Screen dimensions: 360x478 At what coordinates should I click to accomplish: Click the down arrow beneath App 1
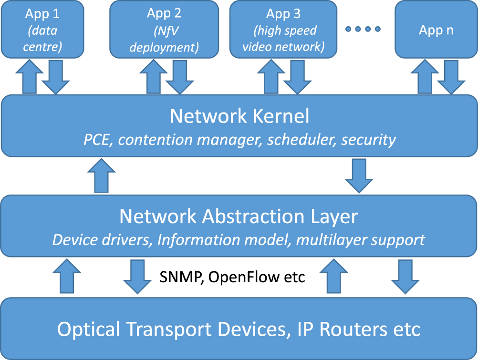(x=55, y=76)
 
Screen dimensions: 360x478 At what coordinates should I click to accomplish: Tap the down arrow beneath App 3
(x=297, y=76)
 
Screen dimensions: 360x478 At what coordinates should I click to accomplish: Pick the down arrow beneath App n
(x=452, y=76)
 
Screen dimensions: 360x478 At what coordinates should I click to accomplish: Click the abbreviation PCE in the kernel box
(x=98, y=140)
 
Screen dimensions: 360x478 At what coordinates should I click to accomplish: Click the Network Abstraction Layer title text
(x=239, y=216)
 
